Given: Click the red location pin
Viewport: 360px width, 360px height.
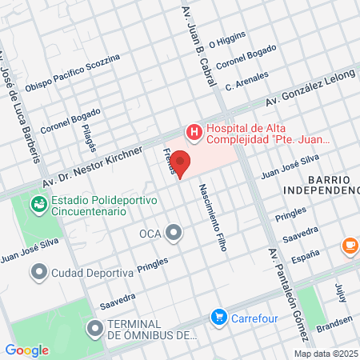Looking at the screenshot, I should tap(180, 162).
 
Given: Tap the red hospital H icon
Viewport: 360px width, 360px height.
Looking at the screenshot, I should tap(193, 130).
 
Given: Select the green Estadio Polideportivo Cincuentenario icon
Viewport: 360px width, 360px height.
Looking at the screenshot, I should tap(38, 205).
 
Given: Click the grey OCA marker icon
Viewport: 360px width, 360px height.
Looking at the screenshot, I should tap(174, 234).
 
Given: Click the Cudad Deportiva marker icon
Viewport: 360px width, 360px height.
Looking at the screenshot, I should tap(38, 273).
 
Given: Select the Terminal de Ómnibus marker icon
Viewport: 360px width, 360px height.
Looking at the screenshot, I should tap(95, 328).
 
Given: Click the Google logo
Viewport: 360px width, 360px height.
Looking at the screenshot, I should tap(26, 350).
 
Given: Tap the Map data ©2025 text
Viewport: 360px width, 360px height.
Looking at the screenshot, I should tap(326, 353).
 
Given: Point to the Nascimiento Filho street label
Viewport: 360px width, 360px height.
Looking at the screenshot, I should tap(212, 225).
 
